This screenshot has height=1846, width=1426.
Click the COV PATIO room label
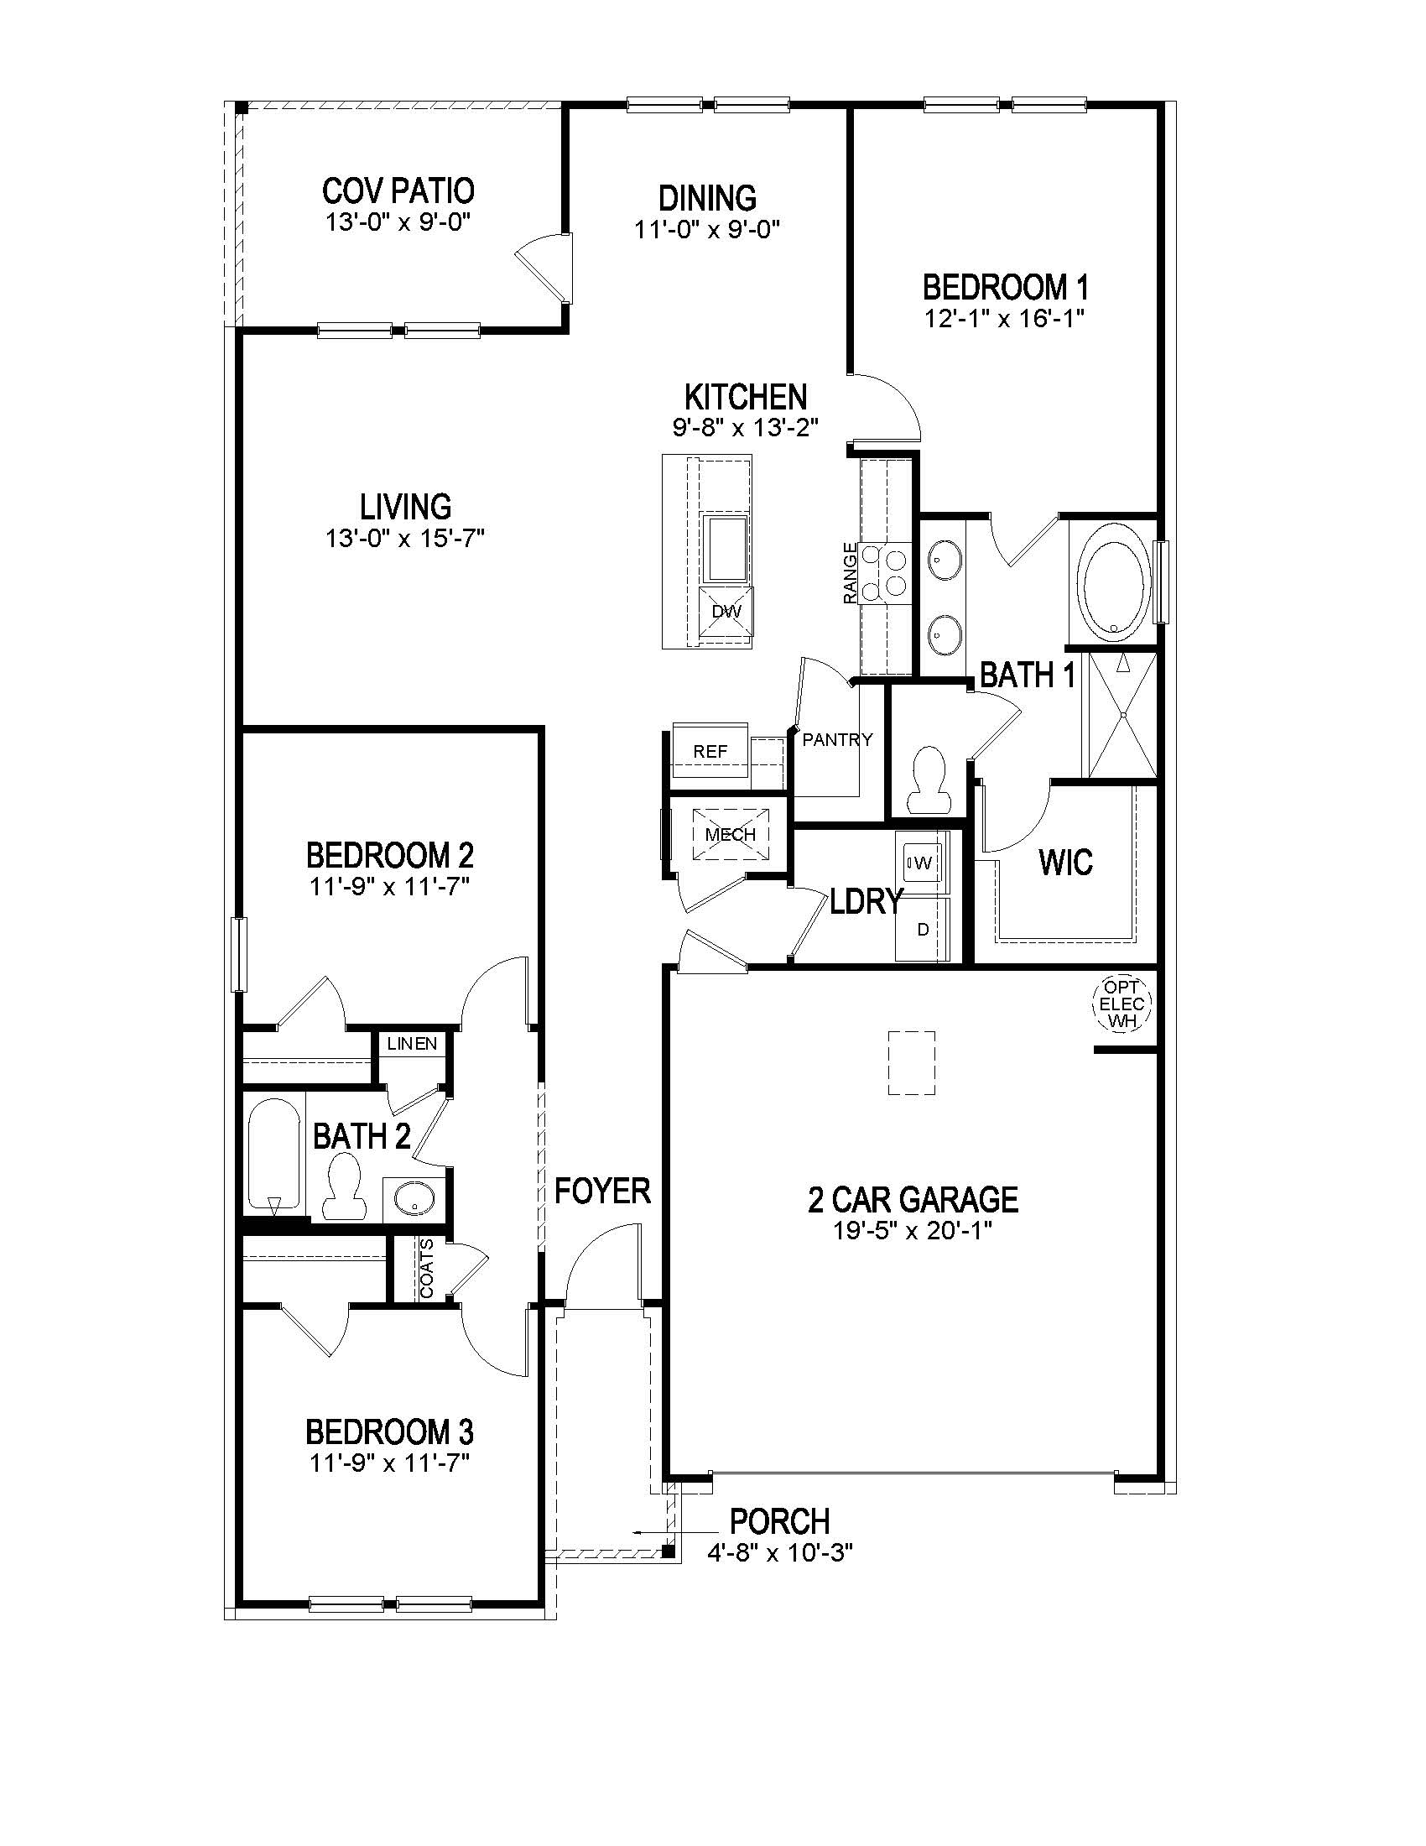click(x=398, y=191)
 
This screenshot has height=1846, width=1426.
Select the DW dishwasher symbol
click(x=726, y=611)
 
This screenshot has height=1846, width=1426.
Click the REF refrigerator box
click(x=710, y=751)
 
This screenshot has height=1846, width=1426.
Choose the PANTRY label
click(x=837, y=739)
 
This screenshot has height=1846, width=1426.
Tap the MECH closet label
click(x=731, y=834)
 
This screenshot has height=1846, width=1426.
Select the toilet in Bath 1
click(x=929, y=778)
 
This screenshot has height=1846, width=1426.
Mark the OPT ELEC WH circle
click(x=1122, y=1004)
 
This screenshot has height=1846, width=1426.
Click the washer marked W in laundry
click(x=923, y=863)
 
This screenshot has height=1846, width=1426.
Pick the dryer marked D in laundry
click(x=924, y=929)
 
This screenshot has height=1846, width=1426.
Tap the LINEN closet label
click(x=412, y=1043)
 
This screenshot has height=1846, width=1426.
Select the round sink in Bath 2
click(x=414, y=1197)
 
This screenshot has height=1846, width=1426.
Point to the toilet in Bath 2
click(x=344, y=1185)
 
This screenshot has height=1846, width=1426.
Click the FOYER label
click(x=602, y=1191)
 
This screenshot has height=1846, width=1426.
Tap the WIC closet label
click(x=1065, y=863)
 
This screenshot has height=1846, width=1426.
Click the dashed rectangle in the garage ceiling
click(x=912, y=1062)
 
